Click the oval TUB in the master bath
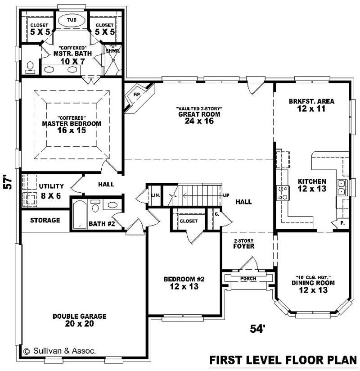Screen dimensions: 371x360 [x=72, y=21]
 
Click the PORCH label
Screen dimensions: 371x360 [x=248, y=279]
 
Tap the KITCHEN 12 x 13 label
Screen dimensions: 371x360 [x=312, y=185]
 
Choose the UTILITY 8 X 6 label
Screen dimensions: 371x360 [x=51, y=190]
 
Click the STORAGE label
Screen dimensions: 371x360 [x=45, y=220]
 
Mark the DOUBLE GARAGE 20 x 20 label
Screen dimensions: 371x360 [x=79, y=320]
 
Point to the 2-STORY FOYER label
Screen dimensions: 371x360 [x=244, y=244]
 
